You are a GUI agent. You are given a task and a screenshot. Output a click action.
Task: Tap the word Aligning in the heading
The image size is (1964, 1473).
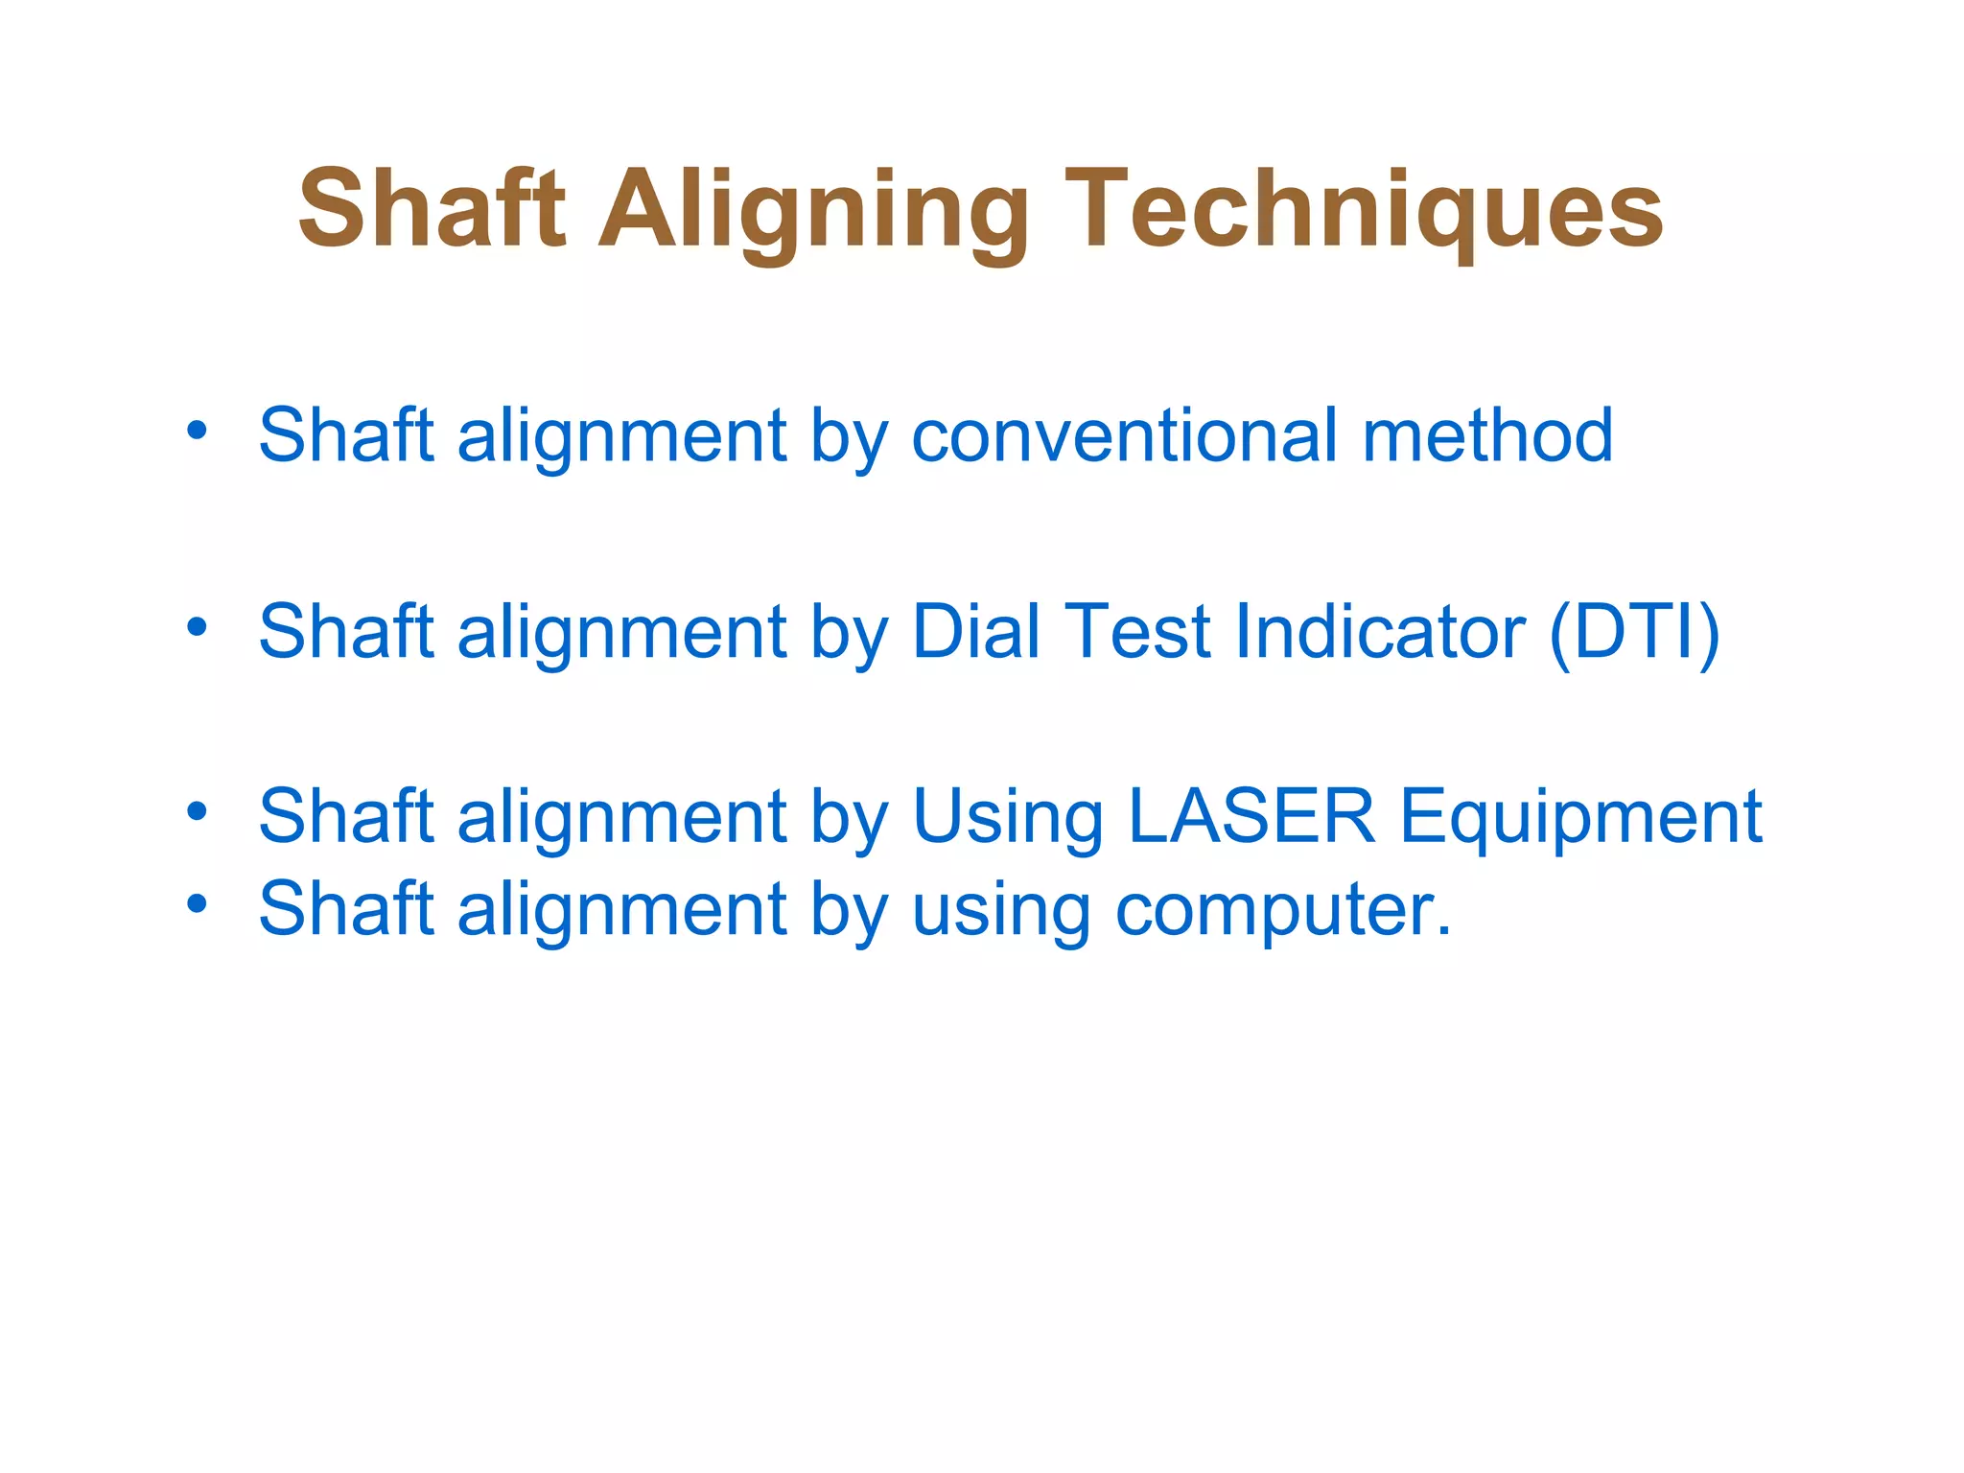point(813,211)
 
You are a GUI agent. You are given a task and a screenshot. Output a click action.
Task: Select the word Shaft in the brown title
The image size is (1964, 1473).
point(432,208)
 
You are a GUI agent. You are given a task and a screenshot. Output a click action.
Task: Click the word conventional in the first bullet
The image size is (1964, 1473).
point(1124,436)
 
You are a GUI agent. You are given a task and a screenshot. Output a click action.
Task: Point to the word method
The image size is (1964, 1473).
point(1487,436)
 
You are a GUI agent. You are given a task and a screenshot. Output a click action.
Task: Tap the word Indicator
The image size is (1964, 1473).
point(1380,632)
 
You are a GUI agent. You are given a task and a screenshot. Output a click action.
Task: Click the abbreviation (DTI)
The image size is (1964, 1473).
point(1634,632)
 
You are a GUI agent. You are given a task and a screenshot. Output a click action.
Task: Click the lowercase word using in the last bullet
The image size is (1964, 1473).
point(1000,910)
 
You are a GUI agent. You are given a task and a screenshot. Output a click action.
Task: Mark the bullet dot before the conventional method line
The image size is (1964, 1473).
point(197,431)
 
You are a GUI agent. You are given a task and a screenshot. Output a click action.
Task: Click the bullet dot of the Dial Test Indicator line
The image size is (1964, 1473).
point(197,627)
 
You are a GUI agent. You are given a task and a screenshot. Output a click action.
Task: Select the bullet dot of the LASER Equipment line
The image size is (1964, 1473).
point(197,812)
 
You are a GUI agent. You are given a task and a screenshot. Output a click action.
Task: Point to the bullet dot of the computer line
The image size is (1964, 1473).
point(197,903)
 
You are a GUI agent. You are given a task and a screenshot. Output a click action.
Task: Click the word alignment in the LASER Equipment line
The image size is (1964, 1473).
point(621,817)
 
